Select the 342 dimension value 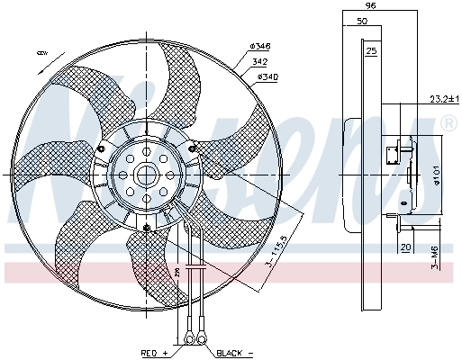(x=259, y=61)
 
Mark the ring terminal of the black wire (x=204, y=338)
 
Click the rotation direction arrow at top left (x=42, y=55)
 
